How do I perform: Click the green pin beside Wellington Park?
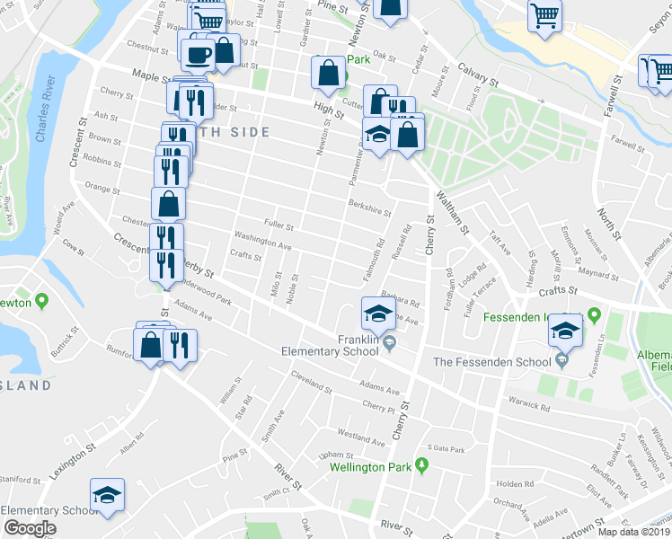coord(427,465)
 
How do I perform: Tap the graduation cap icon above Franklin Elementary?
coord(378,314)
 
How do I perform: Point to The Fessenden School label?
coord(491,362)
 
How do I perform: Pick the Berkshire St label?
coord(371,208)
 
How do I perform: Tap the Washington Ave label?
coord(262,241)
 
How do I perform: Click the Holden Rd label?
coord(514,483)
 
